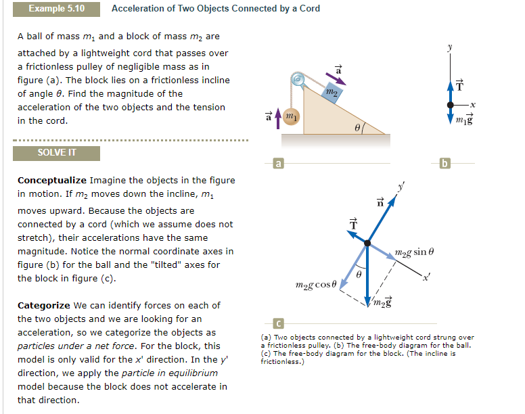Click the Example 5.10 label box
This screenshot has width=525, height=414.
coord(57,9)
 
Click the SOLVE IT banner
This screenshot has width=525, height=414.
coord(57,152)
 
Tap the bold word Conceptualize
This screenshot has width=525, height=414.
coord(51,181)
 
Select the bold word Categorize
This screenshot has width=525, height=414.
coord(43,306)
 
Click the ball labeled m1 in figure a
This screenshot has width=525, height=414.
coord(292,117)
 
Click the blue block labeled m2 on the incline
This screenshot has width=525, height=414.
coord(331,92)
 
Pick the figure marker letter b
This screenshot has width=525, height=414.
coord(444,162)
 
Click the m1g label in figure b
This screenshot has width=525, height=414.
coord(465,120)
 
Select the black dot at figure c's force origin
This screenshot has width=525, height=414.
coord(367,242)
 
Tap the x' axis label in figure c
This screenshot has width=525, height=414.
coord(427,278)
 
